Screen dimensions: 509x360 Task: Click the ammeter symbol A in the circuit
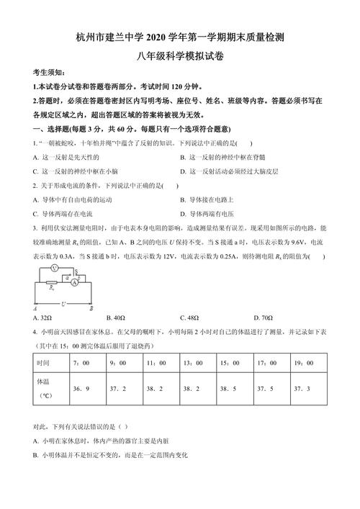pyautogui.click(x=73, y=283)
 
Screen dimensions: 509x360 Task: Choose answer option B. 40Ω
pyautogui.click(x=116, y=317)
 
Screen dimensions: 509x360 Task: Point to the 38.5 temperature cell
pyautogui.click(x=229, y=388)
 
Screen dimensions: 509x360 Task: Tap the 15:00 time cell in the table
pyautogui.click(x=229, y=364)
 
